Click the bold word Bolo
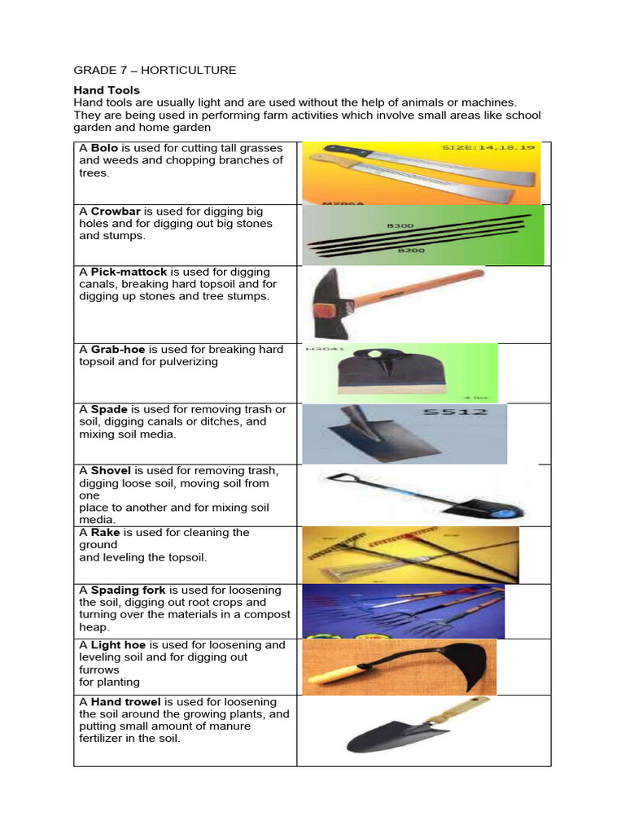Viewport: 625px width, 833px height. click(x=104, y=148)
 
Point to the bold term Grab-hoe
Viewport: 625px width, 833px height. click(x=118, y=349)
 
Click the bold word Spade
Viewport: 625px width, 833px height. click(x=109, y=409)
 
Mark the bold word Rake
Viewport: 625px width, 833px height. click(x=105, y=532)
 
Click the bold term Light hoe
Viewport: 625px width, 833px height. click(x=119, y=645)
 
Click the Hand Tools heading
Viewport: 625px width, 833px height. click(x=107, y=90)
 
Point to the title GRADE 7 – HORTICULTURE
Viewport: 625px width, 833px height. click(x=155, y=70)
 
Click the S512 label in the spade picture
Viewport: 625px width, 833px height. click(x=456, y=412)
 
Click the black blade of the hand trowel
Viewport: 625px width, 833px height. click(x=382, y=732)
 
